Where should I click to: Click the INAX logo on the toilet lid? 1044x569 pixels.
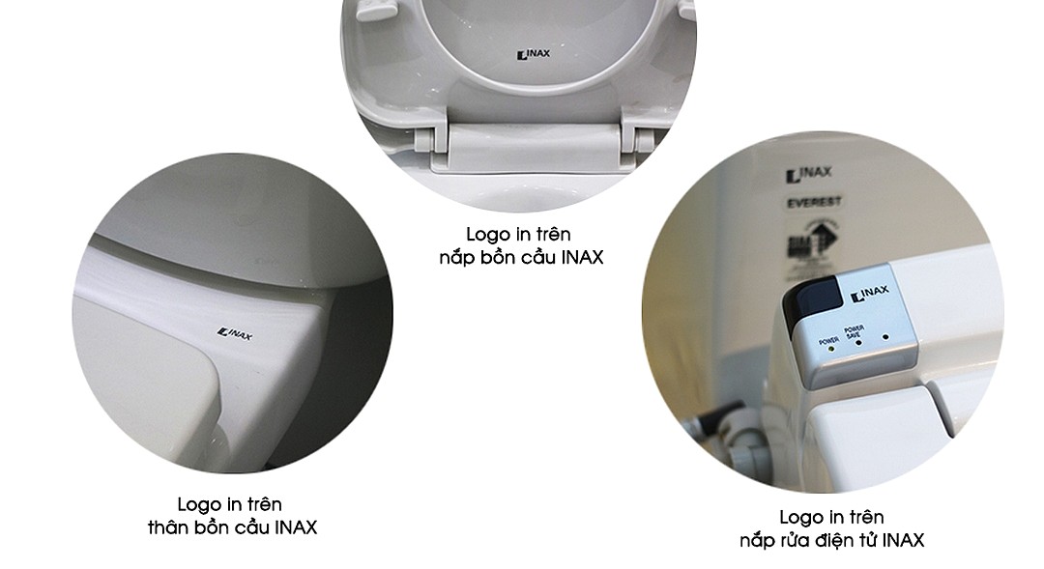tap(533, 54)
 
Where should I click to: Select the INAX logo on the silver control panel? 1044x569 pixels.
tap(869, 296)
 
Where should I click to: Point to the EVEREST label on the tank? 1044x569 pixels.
tap(814, 202)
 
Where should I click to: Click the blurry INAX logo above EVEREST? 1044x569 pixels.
tap(809, 174)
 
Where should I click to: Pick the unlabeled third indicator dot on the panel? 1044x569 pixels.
tap(885, 338)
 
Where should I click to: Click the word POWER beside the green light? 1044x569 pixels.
tap(828, 341)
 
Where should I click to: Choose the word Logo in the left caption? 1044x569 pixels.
tap(197, 504)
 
